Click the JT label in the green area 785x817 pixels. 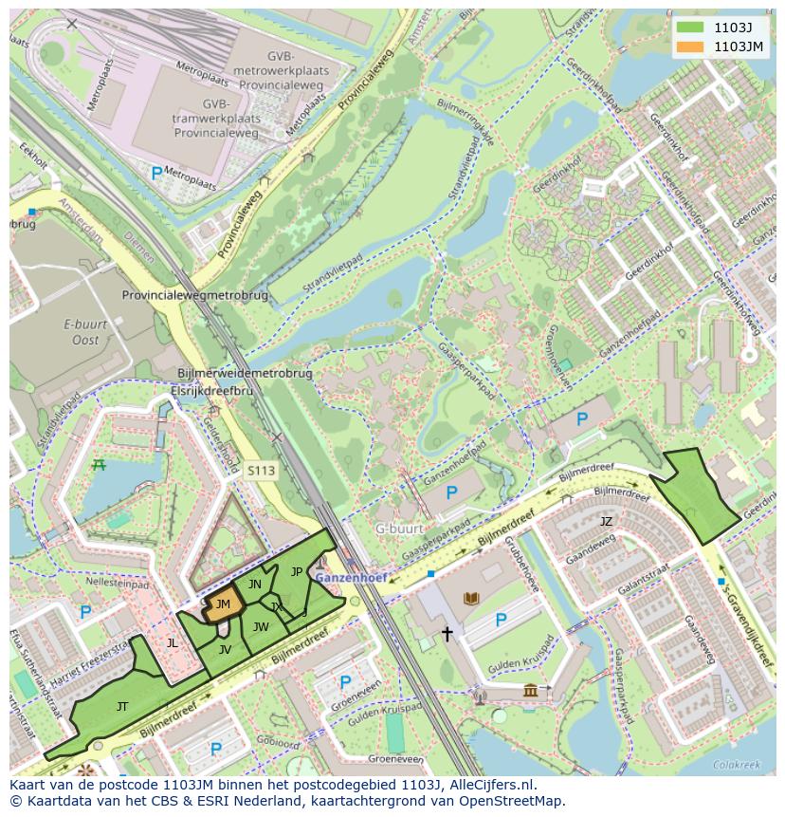coord(122,707)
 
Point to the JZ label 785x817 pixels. coord(606,521)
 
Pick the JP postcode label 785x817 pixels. coord(297,571)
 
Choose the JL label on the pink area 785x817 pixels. coord(172,642)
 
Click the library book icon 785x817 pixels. coord(471,598)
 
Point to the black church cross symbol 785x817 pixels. coord(447,633)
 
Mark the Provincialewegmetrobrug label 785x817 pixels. coord(195,295)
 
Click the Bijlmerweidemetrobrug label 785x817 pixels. coord(246,374)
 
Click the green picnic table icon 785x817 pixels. coord(99,464)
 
